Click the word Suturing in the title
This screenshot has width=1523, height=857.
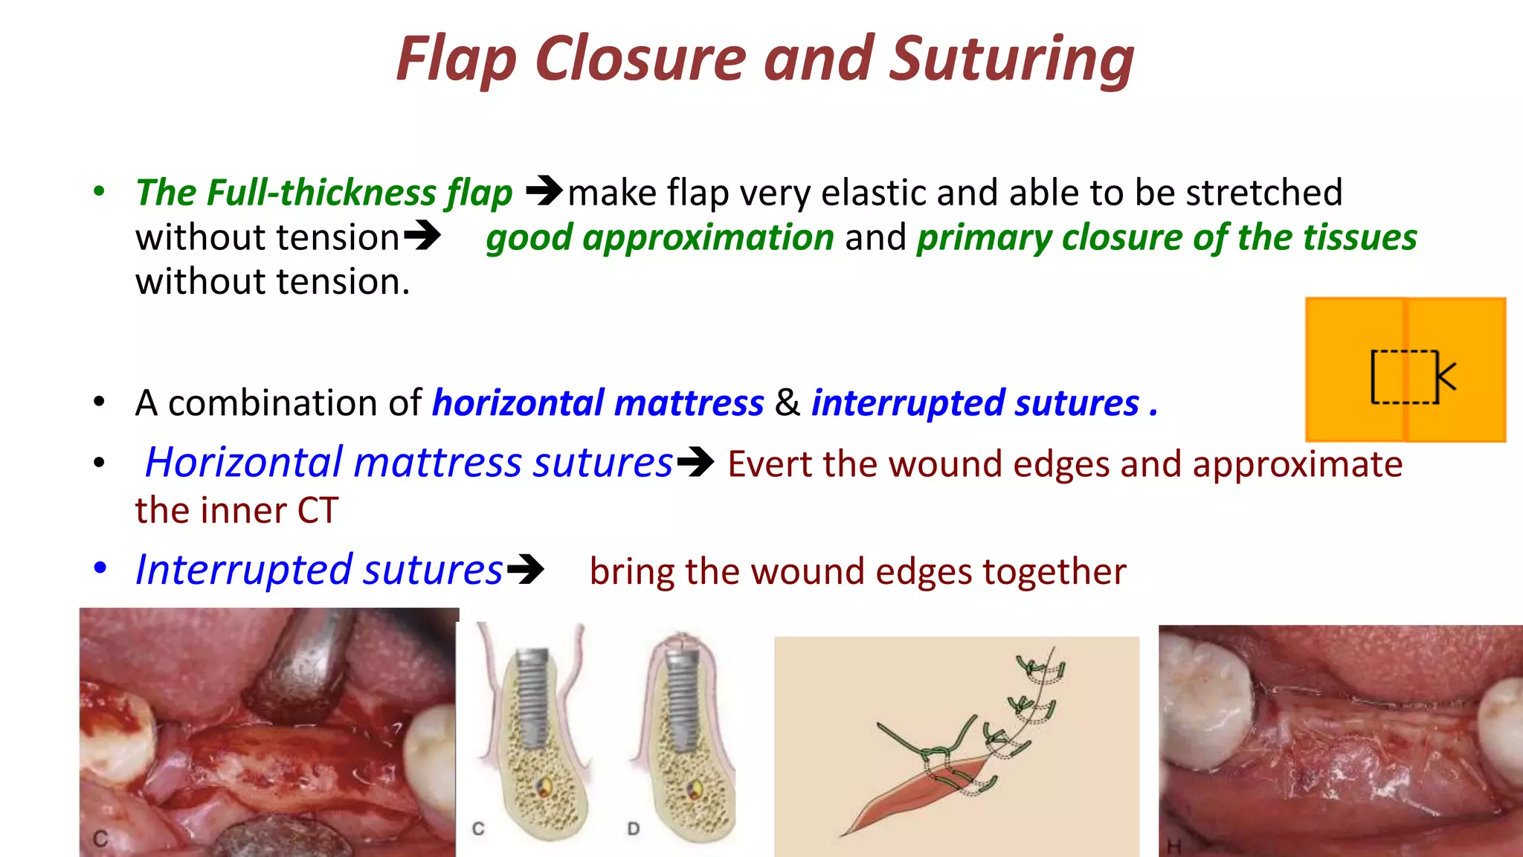(x=1011, y=60)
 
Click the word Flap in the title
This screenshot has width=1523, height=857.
(x=455, y=60)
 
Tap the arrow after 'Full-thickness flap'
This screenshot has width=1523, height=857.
(x=544, y=190)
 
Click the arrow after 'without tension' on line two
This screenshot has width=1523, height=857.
(x=422, y=236)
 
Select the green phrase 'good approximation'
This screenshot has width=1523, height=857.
(x=660, y=238)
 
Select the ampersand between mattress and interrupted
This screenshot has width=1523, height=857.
(x=787, y=402)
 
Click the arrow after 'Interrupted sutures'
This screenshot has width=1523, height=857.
(x=526, y=570)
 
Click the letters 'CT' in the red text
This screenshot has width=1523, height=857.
(x=318, y=511)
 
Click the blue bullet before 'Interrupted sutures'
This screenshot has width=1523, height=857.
(x=100, y=568)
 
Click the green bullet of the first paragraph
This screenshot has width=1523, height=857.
(x=99, y=191)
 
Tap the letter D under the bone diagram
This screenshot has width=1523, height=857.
(x=633, y=828)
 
